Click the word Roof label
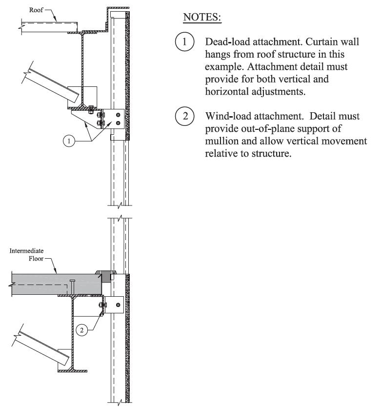point(37,9)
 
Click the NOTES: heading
point(202,18)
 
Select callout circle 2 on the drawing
point(82,330)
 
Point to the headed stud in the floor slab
point(72,287)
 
